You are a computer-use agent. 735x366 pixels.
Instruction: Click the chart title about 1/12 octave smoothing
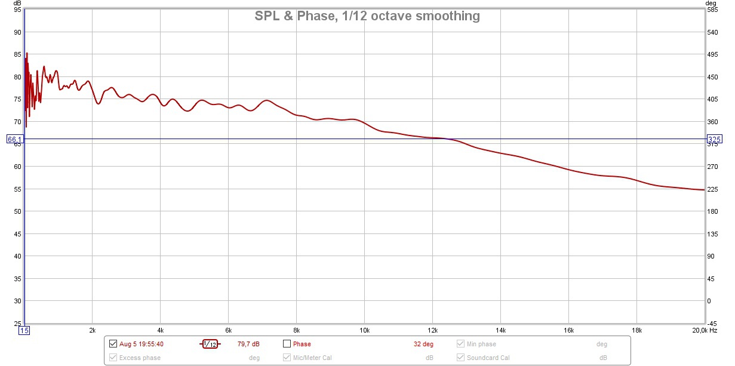[367, 16]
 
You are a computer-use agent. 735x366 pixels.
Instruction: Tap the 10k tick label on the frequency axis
[364, 330]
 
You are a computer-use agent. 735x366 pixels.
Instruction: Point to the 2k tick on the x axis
[92, 330]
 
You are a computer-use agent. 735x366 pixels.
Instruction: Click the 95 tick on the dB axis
[17, 10]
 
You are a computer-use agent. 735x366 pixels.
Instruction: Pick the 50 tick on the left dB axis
[17, 211]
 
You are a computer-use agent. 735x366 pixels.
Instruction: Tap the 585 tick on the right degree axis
[712, 10]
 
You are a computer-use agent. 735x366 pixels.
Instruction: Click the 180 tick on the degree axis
[712, 211]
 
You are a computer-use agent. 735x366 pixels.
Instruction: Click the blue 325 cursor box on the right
[715, 139]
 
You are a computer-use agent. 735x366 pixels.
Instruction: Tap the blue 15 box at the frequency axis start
[24, 330]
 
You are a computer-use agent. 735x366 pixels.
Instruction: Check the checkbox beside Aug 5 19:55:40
[113, 344]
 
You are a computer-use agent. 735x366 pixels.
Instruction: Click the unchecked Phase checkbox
[287, 344]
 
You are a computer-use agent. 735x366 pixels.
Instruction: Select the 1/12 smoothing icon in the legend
[210, 344]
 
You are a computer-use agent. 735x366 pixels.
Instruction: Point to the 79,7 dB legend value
[248, 344]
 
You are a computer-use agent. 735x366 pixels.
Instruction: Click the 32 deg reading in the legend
[423, 344]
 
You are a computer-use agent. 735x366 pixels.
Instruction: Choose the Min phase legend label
[481, 344]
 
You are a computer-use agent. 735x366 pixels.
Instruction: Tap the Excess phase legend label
[140, 358]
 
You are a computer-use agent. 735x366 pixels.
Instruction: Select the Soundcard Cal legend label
[488, 358]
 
